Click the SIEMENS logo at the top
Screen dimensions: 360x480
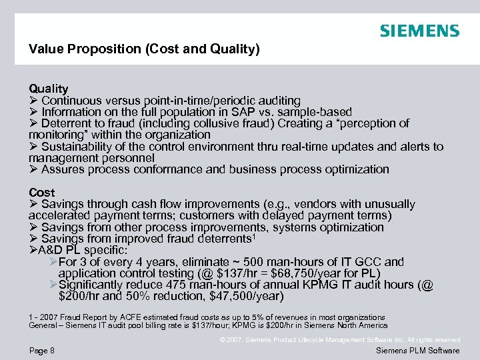[x=419, y=31]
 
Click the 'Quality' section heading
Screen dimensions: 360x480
[x=48, y=88]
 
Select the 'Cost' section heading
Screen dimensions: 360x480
[x=41, y=192]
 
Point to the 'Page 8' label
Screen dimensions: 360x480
[x=41, y=350]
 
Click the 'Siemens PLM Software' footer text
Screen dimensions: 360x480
[x=418, y=351]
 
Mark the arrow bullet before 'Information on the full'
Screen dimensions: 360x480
[x=33, y=112]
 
